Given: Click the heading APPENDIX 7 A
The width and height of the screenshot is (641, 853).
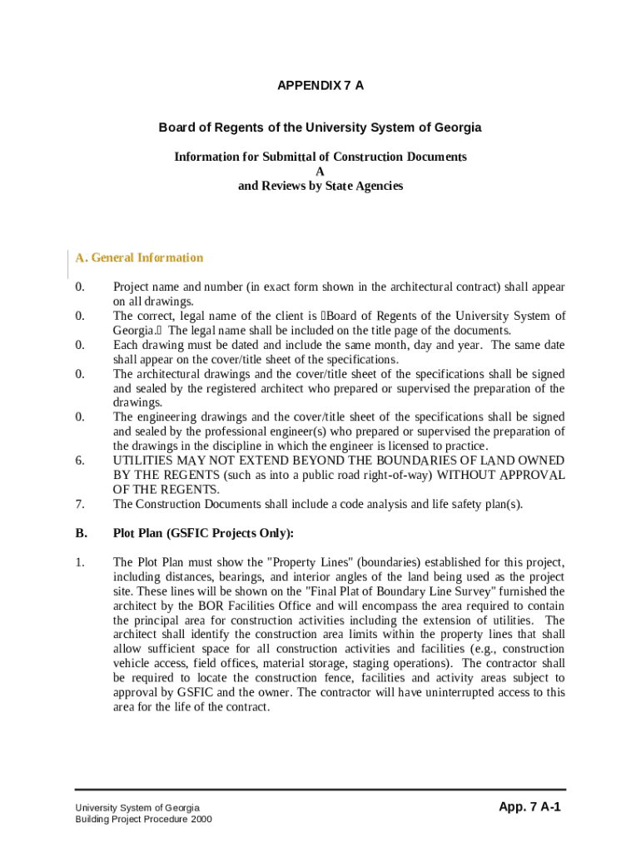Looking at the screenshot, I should click(320, 86).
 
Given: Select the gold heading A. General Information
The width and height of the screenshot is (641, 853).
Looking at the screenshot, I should click(139, 258).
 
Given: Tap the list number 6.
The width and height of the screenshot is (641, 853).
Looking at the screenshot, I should click(79, 461).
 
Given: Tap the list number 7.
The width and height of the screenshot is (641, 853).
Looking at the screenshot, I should click(79, 504).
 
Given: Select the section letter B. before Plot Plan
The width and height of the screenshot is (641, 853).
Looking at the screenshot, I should click(80, 533).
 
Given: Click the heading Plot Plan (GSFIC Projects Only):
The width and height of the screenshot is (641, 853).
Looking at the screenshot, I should click(203, 533).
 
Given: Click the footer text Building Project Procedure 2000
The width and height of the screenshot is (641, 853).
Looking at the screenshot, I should click(143, 820).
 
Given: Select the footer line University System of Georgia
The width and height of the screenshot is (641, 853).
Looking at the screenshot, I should click(137, 808).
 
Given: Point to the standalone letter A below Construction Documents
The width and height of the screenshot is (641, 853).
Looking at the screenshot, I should click(320, 172).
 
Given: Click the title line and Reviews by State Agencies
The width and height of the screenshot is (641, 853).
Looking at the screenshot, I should click(320, 186).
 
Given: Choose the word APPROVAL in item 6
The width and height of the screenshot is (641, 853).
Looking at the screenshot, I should click(532, 475).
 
